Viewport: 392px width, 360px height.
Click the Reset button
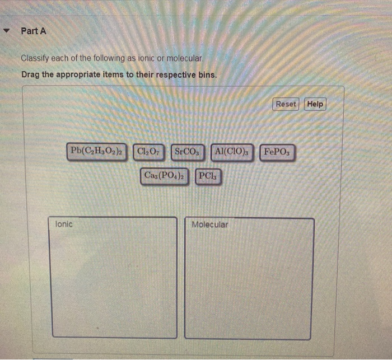pos(286,104)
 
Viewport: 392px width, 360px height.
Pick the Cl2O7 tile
pos(148,152)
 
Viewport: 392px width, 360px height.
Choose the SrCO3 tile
pos(186,152)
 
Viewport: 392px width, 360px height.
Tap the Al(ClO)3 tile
pos(231,152)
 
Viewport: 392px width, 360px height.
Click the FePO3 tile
pos(277,152)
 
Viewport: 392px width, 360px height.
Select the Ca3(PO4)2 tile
pos(166,176)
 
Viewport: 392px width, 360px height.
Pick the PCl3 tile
pos(208,176)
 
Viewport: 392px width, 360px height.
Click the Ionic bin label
pos(64,224)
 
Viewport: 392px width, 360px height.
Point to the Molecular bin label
pos(209,225)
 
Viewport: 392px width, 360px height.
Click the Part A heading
pos(33,31)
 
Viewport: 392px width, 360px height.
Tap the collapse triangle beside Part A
pos(7,31)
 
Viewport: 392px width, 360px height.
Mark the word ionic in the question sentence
pos(142,58)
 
